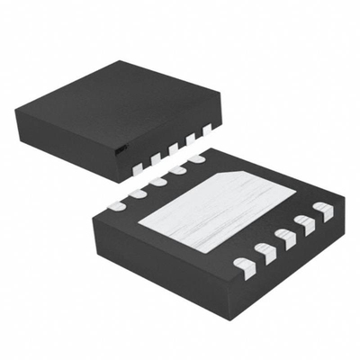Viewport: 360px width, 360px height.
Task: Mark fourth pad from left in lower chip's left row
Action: pyautogui.click(x=176, y=171)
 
